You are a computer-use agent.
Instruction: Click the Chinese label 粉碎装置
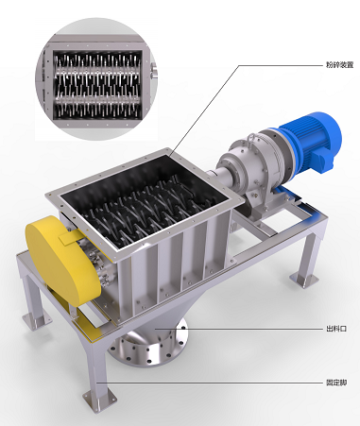coord(339,65)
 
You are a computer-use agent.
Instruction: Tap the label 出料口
coord(336,329)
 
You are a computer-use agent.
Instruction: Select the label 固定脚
coord(336,383)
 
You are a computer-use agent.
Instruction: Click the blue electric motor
coord(310,142)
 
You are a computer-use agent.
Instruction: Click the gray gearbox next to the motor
coord(252,163)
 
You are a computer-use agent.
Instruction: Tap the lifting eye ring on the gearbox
coord(251,138)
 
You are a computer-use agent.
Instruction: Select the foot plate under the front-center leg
coord(98,400)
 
